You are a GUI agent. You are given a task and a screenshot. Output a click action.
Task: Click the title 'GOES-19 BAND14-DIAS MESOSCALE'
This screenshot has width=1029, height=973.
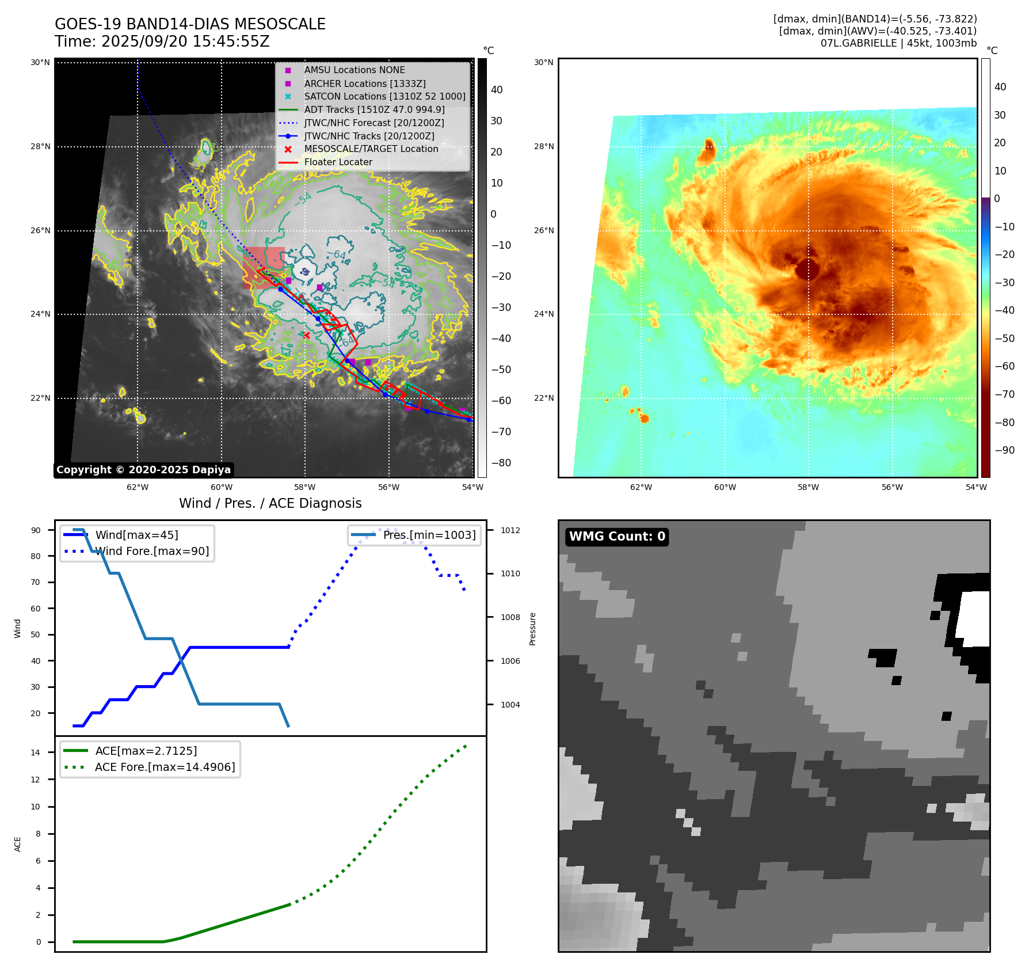tap(190, 24)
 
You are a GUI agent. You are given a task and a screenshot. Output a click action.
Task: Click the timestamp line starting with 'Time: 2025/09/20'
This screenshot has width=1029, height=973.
tap(162, 41)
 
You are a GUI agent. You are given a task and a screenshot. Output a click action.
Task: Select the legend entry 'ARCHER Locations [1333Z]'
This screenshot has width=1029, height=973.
tap(365, 83)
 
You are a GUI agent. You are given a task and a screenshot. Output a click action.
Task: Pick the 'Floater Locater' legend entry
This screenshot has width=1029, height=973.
tap(338, 162)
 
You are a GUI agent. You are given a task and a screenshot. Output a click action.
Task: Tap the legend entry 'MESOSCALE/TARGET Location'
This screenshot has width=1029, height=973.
tap(371, 149)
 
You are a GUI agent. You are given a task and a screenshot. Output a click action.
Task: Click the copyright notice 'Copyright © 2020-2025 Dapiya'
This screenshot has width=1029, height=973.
tap(143, 470)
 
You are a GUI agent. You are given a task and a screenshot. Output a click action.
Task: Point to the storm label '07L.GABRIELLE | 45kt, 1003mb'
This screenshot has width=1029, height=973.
tap(898, 43)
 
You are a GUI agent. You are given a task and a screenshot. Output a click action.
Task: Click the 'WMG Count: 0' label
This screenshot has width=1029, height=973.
tap(617, 537)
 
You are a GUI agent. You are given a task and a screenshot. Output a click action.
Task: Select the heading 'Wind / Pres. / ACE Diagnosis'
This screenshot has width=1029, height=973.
tap(270, 503)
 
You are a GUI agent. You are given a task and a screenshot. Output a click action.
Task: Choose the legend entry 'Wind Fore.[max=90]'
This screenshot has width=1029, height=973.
tap(152, 551)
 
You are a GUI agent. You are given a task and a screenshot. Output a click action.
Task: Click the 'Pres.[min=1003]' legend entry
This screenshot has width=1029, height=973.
tap(429, 535)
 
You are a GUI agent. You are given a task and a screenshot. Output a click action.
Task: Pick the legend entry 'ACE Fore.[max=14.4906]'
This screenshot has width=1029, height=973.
tap(165, 767)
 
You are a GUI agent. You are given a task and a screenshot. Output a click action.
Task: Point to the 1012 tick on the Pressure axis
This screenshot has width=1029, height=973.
tap(510, 530)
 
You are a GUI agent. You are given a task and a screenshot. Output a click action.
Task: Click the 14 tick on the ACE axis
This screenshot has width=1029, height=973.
tap(36, 752)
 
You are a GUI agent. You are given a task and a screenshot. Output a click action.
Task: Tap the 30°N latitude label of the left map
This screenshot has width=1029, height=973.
tap(40, 62)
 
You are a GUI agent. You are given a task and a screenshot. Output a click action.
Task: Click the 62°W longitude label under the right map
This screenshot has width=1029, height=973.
tap(641, 487)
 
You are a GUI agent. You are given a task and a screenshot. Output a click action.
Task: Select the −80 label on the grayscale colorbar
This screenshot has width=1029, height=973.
tap(501, 463)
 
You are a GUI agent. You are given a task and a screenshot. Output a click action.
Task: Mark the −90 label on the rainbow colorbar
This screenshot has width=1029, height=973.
tap(1004, 450)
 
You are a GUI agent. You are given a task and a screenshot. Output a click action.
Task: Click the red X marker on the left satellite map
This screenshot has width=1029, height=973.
tap(306, 335)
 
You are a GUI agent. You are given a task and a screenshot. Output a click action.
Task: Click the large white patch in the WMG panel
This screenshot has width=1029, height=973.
tap(974, 619)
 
